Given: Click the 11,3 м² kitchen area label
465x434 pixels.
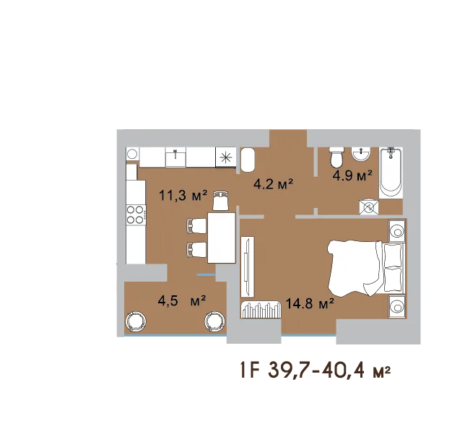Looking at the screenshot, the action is [x=183, y=196].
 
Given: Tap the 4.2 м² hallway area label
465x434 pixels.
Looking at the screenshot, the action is [x=273, y=184].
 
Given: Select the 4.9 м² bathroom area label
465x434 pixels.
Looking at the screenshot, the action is [x=352, y=175].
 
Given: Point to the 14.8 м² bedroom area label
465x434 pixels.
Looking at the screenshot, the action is [x=310, y=303].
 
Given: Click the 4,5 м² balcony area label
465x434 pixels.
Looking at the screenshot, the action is [x=182, y=301].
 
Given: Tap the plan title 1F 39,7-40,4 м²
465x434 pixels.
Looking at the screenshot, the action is [x=315, y=370].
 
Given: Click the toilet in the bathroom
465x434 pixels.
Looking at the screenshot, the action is [x=336, y=157].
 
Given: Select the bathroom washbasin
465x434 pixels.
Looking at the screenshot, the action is [x=360, y=154].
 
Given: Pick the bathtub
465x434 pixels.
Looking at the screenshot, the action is [x=391, y=173].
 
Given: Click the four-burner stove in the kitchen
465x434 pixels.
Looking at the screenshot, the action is [x=136, y=214].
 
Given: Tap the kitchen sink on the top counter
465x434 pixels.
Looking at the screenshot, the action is [x=175, y=157].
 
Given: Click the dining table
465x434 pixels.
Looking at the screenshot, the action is [x=222, y=238].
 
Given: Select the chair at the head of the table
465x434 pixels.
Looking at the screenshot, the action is [x=221, y=201].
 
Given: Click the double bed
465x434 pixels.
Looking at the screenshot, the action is [x=366, y=268].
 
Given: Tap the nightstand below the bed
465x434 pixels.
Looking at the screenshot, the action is [x=397, y=306].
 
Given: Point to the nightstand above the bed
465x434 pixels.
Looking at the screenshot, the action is [x=397, y=230].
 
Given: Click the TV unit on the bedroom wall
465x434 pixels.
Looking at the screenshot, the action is [x=248, y=266].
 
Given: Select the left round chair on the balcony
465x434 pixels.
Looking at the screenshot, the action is [x=136, y=321].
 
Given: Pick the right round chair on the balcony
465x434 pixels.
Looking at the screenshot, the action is [x=214, y=321].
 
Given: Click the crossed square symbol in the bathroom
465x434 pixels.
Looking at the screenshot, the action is [x=369, y=207].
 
